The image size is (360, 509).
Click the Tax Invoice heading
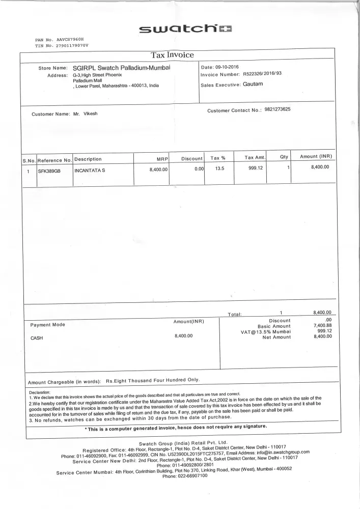172,55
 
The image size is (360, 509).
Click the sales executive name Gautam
253,84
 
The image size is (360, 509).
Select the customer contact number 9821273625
278,109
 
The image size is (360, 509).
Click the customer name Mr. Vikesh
85,114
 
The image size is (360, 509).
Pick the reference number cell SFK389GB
49,171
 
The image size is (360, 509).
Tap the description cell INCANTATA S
90,171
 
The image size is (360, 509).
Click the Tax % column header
218,158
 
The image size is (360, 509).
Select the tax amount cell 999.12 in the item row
255,168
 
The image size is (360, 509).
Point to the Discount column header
192,159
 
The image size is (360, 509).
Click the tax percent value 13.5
219,169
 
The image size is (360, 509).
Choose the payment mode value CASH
37,337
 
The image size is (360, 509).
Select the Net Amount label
276,337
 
